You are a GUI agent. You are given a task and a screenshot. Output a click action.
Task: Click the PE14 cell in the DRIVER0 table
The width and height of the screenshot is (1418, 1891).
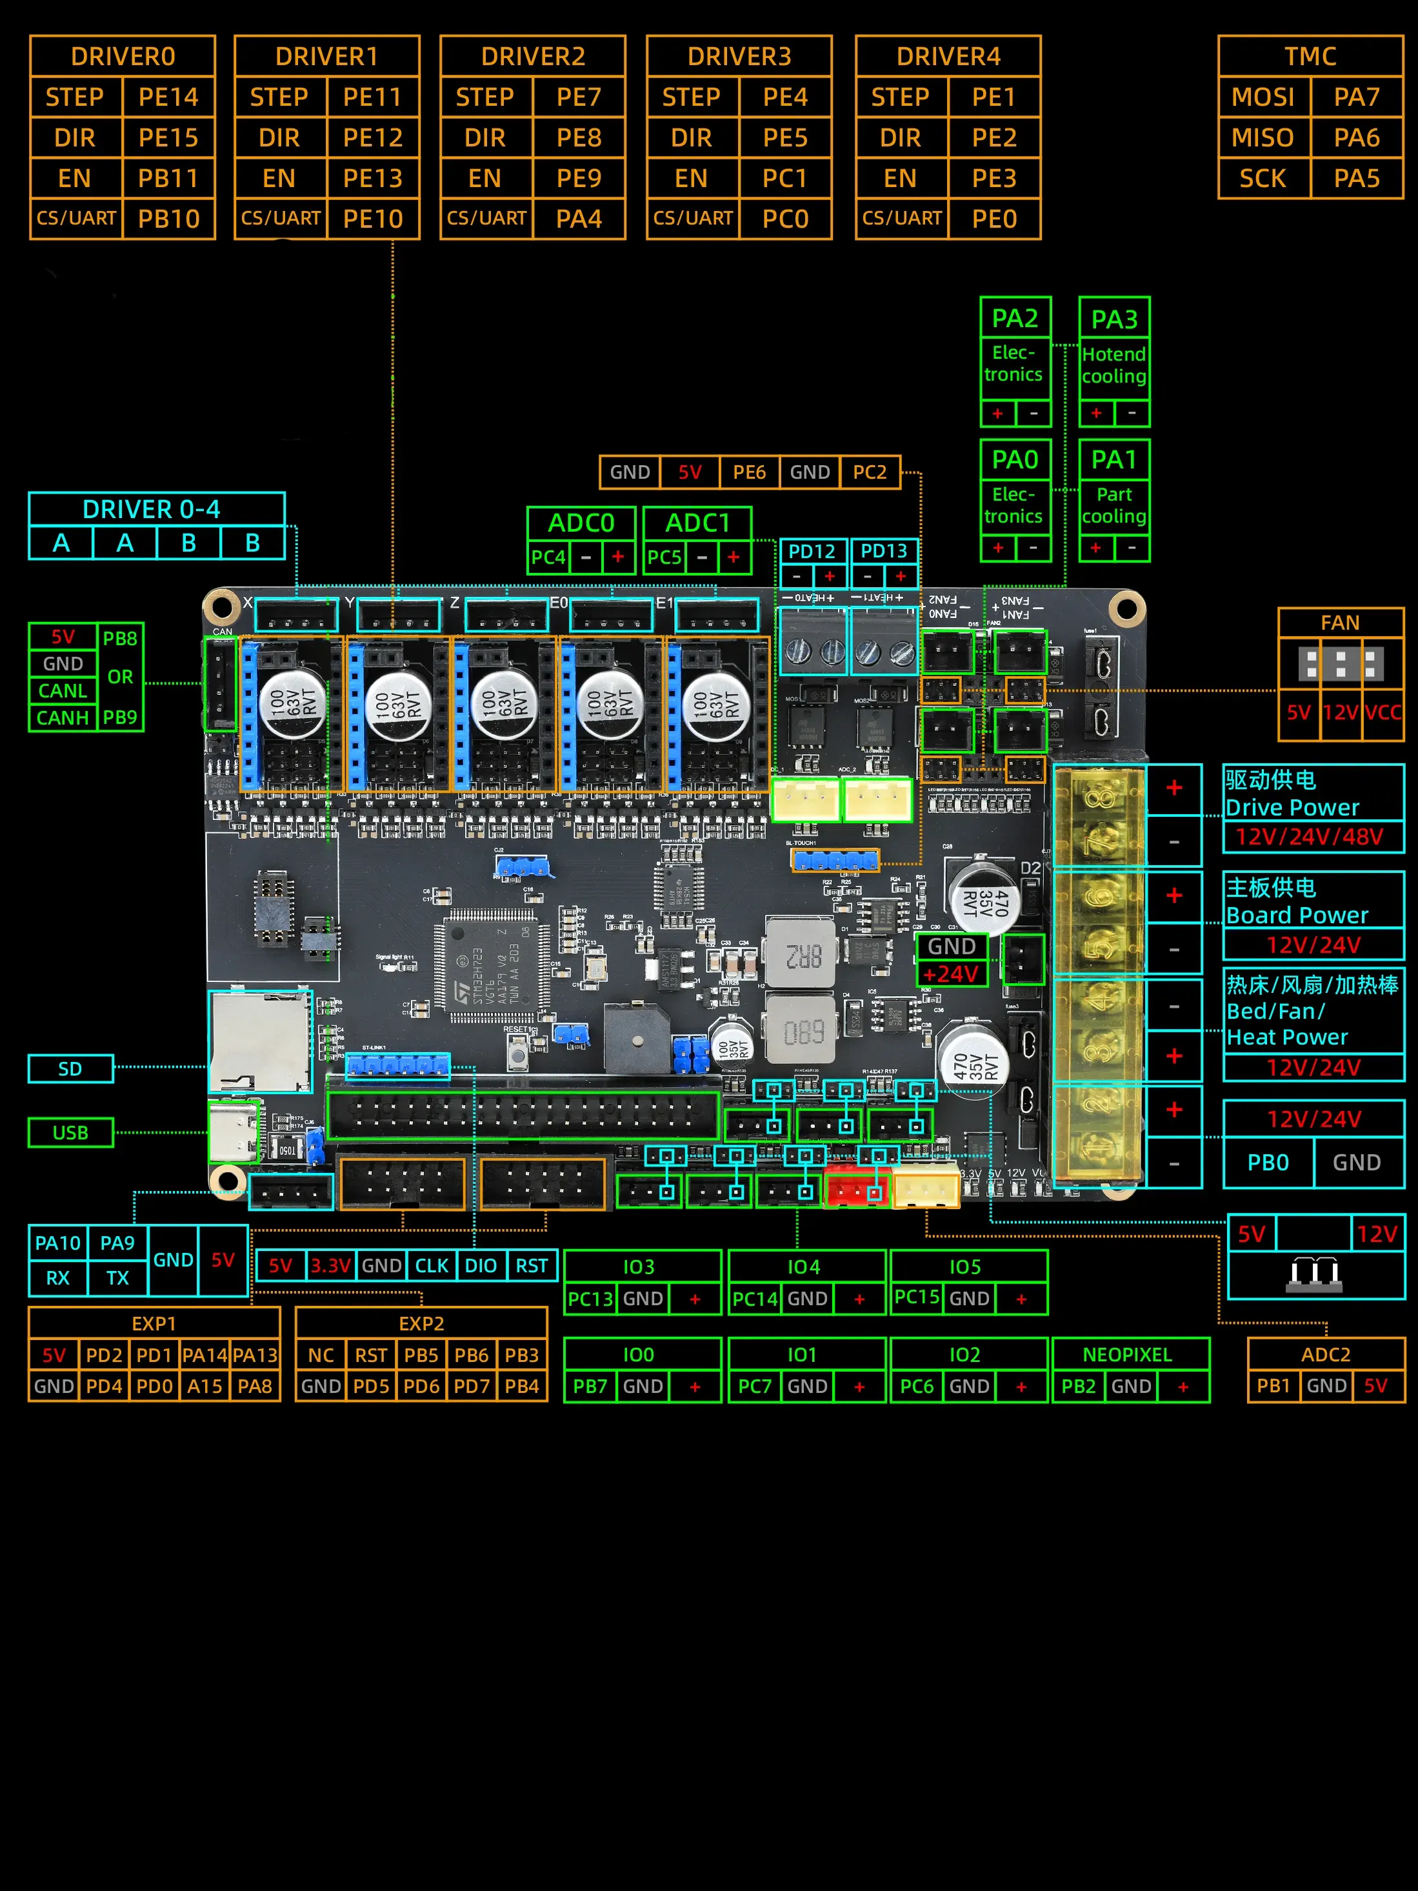pyautogui.click(x=168, y=97)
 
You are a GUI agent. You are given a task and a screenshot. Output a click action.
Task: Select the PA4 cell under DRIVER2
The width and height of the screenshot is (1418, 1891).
pyautogui.click(x=579, y=219)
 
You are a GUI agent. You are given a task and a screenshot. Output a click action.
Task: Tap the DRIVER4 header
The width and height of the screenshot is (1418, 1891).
pyautogui.click(x=948, y=56)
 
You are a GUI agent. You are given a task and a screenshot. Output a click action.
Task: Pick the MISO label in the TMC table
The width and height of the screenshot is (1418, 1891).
pyautogui.click(x=1263, y=137)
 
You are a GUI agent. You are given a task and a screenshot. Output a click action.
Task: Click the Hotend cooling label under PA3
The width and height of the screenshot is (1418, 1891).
pyautogui.click(x=1113, y=365)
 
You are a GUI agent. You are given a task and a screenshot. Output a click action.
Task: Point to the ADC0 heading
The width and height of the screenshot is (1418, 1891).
pyautogui.click(x=581, y=523)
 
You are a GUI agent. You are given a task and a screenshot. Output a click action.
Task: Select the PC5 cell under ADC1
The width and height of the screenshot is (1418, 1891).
pyautogui.click(x=664, y=557)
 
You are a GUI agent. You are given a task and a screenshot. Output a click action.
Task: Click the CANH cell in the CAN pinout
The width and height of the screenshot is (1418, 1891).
pyautogui.click(x=63, y=717)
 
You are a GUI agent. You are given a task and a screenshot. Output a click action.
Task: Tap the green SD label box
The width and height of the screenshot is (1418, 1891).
pyautogui.click(x=70, y=1068)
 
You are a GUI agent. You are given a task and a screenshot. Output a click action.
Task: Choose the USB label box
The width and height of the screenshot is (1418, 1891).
pyautogui.click(x=70, y=1133)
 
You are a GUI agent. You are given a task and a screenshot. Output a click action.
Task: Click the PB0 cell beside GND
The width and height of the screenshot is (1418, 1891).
pyautogui.click(x=1268, y=1163)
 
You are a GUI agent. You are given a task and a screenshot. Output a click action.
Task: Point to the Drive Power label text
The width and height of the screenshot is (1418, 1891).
pyautogui.click(x=1292, y=807)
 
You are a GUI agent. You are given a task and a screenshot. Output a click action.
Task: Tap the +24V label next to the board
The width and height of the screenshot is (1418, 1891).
pyautogui.click(x=950, y=974)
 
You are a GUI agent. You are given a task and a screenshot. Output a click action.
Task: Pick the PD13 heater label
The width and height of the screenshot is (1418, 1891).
pyautogui.click(x=884, y=552)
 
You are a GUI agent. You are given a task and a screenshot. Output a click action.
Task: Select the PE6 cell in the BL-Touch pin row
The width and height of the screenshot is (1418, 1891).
pyautogui.click(x=749, y=472)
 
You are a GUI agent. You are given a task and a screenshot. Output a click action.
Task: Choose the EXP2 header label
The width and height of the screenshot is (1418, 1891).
pyautogui.click(x=421, y=1323)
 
